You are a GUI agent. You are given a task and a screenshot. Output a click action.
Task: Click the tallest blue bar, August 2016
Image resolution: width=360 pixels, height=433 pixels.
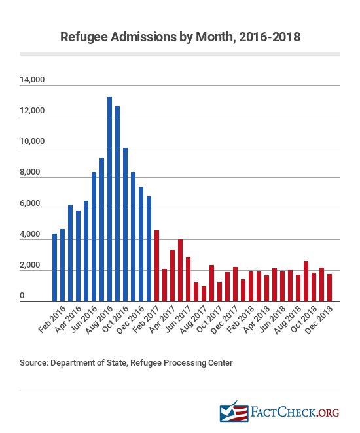[109, 199]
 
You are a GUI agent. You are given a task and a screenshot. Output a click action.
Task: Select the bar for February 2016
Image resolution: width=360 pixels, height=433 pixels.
[62, 265]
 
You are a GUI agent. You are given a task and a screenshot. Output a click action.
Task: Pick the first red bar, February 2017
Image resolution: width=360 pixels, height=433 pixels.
[156, 266]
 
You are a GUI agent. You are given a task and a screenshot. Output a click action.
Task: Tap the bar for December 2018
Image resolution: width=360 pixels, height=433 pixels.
[330, 288]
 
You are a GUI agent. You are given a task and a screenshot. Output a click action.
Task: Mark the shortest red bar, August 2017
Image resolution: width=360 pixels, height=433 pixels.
[204, 294]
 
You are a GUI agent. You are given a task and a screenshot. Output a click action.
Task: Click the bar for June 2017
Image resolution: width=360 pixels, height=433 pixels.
[188, 279]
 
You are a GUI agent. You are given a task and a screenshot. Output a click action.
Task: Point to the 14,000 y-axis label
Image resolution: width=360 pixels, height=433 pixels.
[32, 80]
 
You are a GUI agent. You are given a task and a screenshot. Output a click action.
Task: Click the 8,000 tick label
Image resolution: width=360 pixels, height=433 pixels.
[30, 172]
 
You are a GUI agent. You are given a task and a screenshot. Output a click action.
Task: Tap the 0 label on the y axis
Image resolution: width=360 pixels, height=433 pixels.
[22, 296]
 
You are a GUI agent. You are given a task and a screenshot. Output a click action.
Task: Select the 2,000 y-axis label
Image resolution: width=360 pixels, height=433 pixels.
[30, 265]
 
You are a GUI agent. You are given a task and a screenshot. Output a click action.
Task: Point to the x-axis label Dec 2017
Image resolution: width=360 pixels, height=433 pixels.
[225, 320]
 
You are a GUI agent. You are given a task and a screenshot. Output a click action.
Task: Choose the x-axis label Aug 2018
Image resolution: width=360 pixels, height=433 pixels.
[287, 320]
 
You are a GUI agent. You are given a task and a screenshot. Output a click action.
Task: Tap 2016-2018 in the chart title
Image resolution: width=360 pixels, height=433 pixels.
[270, 37]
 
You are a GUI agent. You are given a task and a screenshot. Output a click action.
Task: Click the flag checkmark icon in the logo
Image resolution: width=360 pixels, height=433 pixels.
[234, 411]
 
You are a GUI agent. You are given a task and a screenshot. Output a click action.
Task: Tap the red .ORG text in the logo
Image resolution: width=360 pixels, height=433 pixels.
[328, 413]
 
